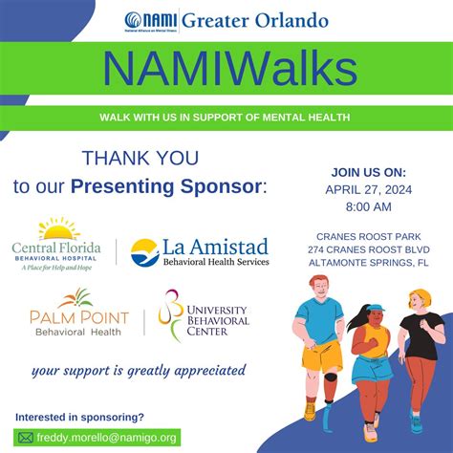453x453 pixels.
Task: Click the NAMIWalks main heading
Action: [x=226, y=70]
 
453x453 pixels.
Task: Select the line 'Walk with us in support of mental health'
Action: [x=225, y=118]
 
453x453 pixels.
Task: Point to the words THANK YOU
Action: [x=140, y=158]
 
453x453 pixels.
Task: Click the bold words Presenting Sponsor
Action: [x=190, y=184]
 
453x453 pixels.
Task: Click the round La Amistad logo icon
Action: [x=145, y=252]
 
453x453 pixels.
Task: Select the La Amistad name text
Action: [x=216, y=247]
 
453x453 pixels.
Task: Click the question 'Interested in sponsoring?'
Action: [x=80, y=418]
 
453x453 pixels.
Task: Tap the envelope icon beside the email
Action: [x=25, y=438]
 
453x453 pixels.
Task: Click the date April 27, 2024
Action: [x=369, y=188]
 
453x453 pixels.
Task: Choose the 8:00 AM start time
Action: [x=369, y=206]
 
